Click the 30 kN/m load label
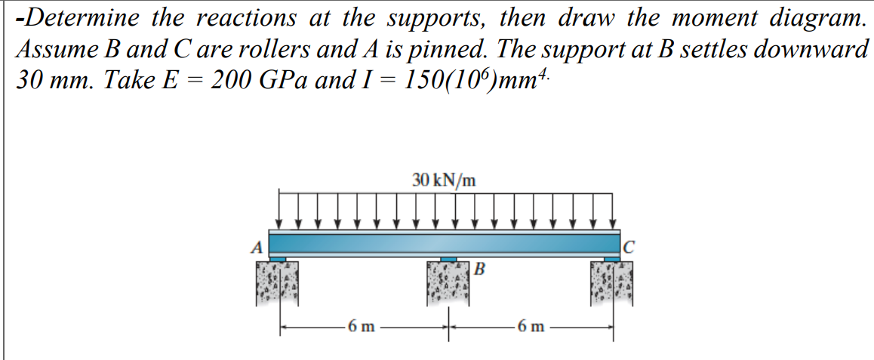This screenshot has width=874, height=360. pyautogui.click(x=445, y=180)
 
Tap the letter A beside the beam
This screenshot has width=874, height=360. pyautogui.click(x=257, y=246)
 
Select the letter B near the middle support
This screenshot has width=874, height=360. pyautogui.click(x=480, y=268)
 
